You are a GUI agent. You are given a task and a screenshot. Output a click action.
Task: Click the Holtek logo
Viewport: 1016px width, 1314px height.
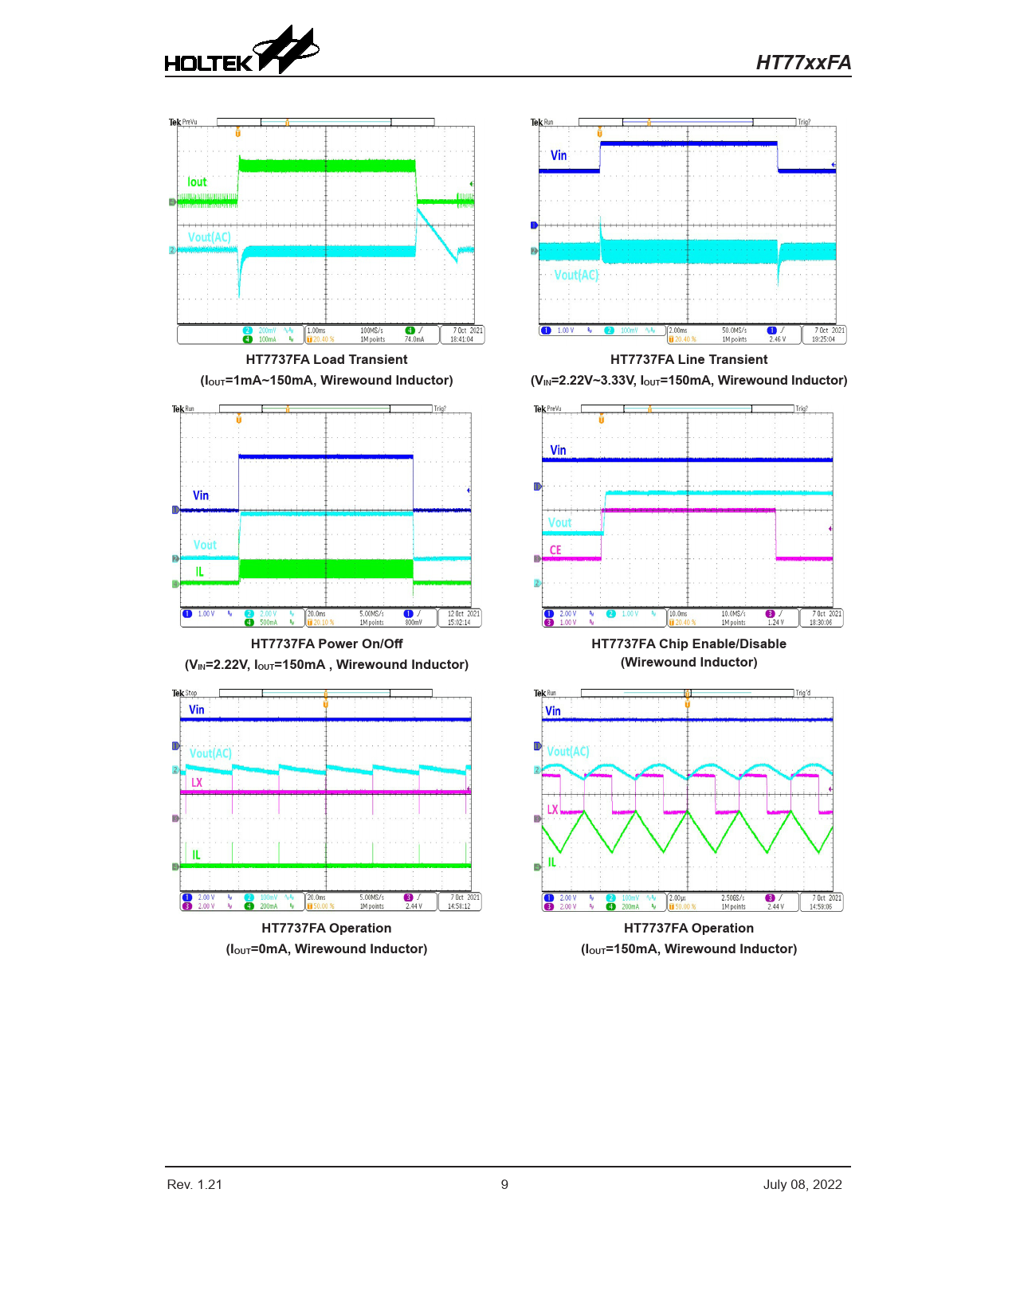point(241,53)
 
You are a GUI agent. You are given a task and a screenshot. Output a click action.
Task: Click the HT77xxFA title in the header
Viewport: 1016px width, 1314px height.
point(803,63)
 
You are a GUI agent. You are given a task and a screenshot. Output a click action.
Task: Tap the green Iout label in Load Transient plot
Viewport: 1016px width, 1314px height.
point(197,182)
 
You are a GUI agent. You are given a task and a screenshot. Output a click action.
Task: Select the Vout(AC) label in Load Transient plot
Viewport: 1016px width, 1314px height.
point(209,237)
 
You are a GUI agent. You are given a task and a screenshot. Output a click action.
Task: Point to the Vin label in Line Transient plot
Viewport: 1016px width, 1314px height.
point(559,155)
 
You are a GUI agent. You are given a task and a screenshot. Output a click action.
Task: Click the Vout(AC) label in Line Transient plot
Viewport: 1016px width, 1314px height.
point(575,275)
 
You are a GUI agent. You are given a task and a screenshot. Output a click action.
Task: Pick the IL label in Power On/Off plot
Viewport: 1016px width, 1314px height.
point(199,572)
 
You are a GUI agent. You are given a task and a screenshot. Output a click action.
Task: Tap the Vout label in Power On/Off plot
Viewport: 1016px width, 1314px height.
point(205,545)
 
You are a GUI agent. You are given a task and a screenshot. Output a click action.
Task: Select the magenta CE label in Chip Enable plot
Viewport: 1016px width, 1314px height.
point(555,550)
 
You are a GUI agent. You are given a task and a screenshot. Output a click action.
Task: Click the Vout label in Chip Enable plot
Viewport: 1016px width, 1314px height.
point(559,522)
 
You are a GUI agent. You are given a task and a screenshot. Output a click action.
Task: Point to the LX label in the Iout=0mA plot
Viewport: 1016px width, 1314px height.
point(197,783)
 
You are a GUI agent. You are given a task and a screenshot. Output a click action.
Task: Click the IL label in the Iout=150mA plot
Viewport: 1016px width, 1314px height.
point(551,862)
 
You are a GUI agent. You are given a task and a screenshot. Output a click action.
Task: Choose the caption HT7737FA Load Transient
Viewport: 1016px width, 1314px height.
point(327,360)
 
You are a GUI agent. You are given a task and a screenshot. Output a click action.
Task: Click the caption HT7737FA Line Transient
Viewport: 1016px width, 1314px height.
point(688,360)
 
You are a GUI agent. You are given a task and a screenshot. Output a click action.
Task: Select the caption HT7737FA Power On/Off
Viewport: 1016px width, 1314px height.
point(327,643)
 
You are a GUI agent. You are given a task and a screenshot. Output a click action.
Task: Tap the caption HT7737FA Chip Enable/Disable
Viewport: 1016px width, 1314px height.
point(688,643)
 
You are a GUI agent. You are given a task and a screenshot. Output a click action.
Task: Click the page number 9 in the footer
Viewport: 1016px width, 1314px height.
point(504,1184)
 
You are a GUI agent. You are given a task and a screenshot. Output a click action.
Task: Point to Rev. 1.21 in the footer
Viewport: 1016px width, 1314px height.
point(194,1184)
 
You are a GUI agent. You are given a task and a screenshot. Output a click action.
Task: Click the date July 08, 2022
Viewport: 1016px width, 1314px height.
point(802,1184)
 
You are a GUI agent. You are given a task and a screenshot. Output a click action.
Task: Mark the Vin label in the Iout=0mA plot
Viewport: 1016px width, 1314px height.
point(196,710)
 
